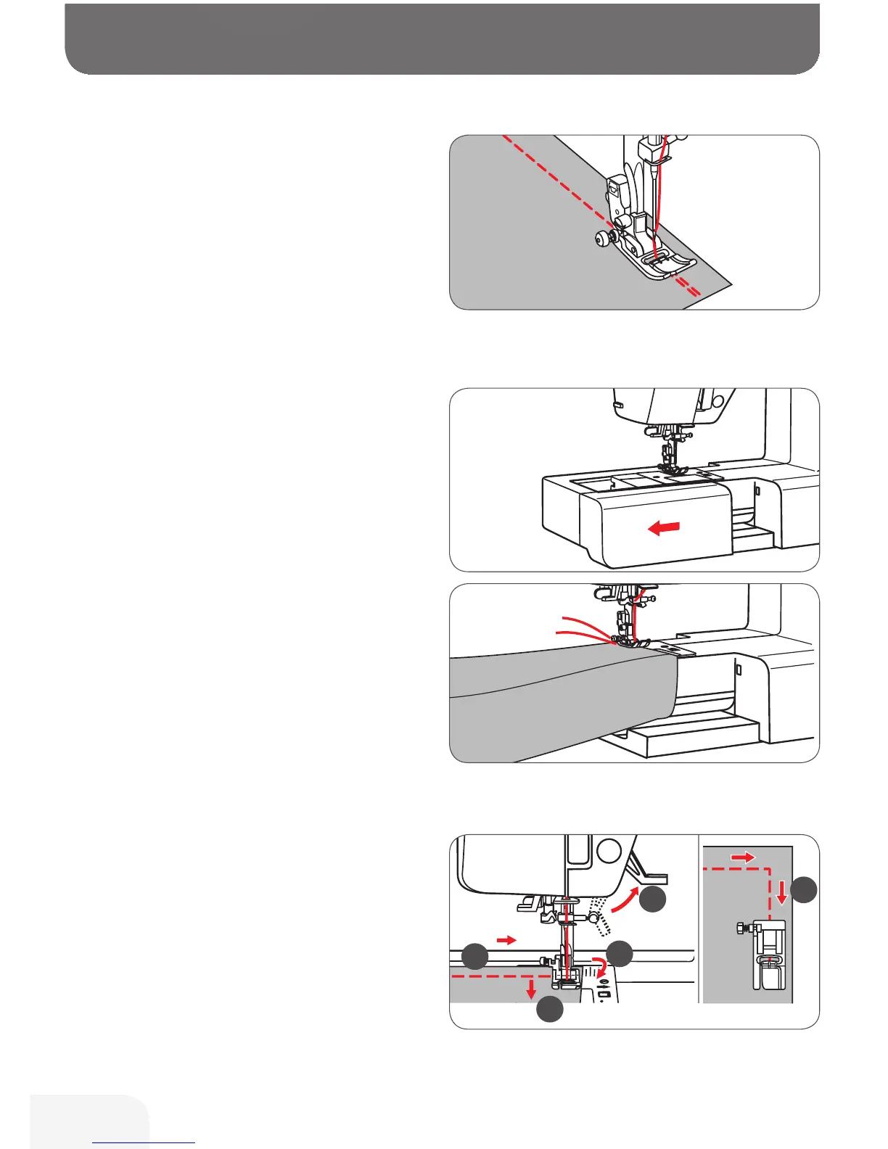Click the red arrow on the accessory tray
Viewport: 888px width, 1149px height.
(x=664, y=528)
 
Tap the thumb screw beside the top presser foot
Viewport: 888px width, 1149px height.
(x=601, y=237)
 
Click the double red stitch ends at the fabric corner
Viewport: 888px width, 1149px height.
(x=693, y=290)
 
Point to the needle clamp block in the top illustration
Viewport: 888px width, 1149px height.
(x=648, y=149)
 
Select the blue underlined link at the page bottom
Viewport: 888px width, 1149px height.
(x=144, y=1142)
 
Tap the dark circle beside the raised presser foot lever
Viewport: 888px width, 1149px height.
(x=653, y=899)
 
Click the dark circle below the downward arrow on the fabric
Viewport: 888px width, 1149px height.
(x=549, y=1009)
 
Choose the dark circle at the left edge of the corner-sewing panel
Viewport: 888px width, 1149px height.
(x=475, y=956)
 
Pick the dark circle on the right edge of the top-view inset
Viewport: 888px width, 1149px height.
(x=804, y=889)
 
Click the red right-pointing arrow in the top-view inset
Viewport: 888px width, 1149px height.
(x=742, y=857)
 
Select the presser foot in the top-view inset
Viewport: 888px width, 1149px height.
(x=770, y=957)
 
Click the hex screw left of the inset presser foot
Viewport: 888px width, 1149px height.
(x=740, y=928)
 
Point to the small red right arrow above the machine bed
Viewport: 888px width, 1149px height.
(x=506, y=940)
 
